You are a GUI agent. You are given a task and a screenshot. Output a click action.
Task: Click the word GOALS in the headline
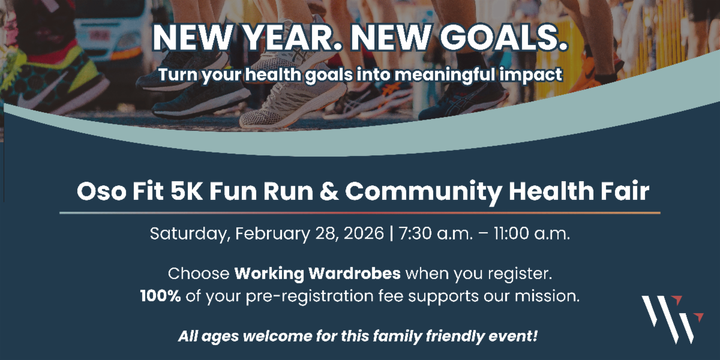[503, 37]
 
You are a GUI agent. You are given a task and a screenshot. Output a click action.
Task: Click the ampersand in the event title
[329, 191]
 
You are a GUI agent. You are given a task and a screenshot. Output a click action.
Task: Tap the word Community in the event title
[423, 192]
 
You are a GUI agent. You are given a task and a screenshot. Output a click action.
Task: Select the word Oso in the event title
[101, 191]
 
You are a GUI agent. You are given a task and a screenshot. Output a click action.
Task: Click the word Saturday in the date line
[188, 233]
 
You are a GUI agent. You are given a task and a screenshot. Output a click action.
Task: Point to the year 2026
[364, 233]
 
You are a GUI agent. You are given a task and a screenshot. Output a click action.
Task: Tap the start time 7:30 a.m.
[436, 233]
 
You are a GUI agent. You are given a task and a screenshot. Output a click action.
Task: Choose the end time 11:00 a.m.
[532, 233]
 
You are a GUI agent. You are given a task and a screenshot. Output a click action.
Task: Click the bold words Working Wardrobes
[317, 273]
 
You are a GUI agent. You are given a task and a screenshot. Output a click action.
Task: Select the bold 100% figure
[160, 296]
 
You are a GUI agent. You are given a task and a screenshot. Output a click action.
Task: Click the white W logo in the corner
[673, 319]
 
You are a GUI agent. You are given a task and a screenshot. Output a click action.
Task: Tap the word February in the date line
[272, 233]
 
